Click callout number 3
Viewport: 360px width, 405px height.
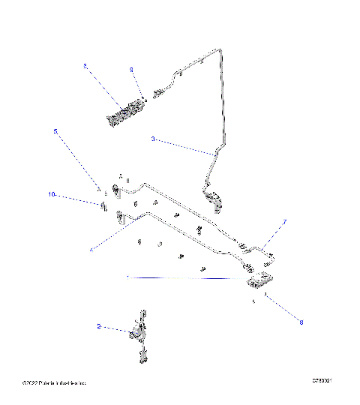(x=153, y=139)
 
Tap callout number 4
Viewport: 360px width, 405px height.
(x=91, y=249)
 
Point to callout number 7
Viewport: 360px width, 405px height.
(x=284, y=222)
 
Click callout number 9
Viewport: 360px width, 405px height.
(x=131, y=69)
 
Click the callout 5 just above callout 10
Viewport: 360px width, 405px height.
(x=55, y=131)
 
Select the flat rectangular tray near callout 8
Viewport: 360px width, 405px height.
(x=259, y=280)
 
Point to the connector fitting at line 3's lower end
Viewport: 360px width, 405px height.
(x=216, y=199)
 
